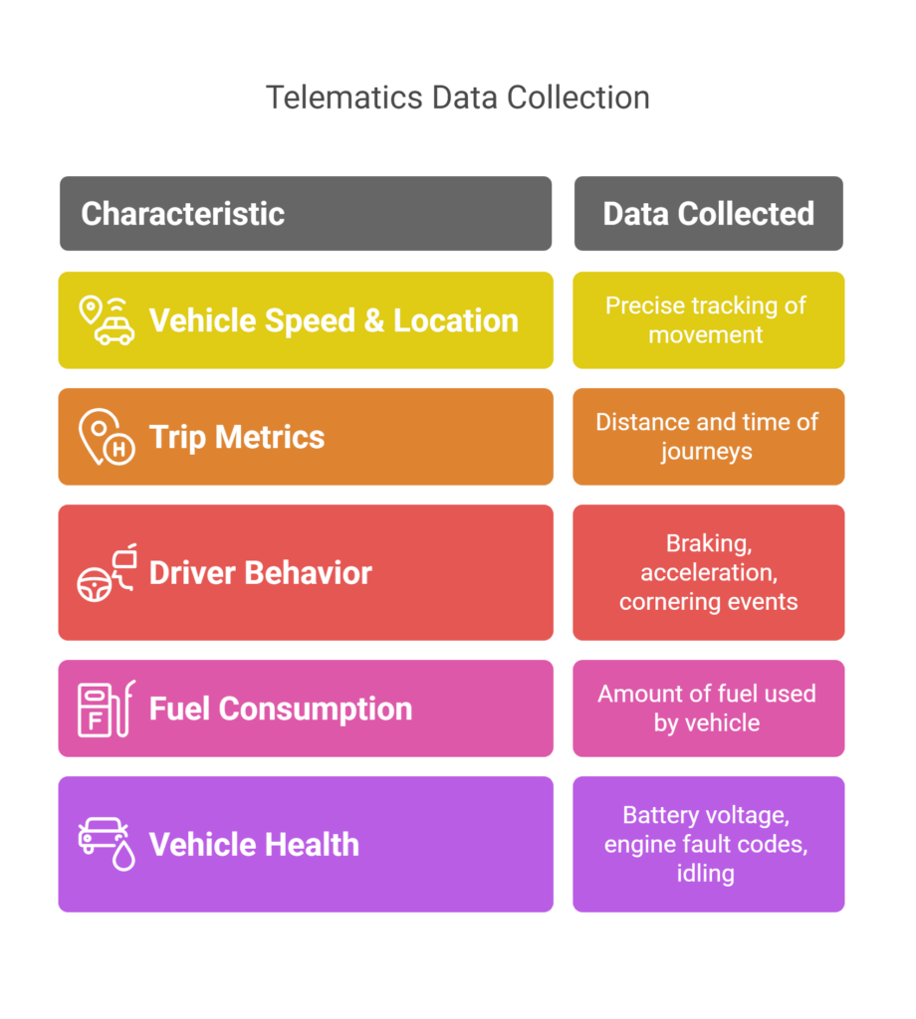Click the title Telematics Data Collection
(x=458, y=99)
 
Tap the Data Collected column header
(x=709, y=213)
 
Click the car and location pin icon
(x=107, y=320)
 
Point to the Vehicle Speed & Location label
(x=334, y=320)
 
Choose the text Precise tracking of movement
(x=706, y=319)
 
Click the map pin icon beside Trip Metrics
(x=107, y=437)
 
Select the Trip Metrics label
(x=237, y=437)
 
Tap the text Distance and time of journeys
(x=707, y=436)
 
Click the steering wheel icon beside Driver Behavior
(x=95, y=585)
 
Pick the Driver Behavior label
(x=260, y=572)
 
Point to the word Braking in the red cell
(x=709, y=543)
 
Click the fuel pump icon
(x=107, y=709)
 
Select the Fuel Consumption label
(x=281, y=709)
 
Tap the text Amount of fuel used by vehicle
(x=707, y=708)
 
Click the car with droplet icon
(x=107, y=844)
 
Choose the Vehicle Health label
(x=254, y=844)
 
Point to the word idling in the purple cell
(x=705, y=873)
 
